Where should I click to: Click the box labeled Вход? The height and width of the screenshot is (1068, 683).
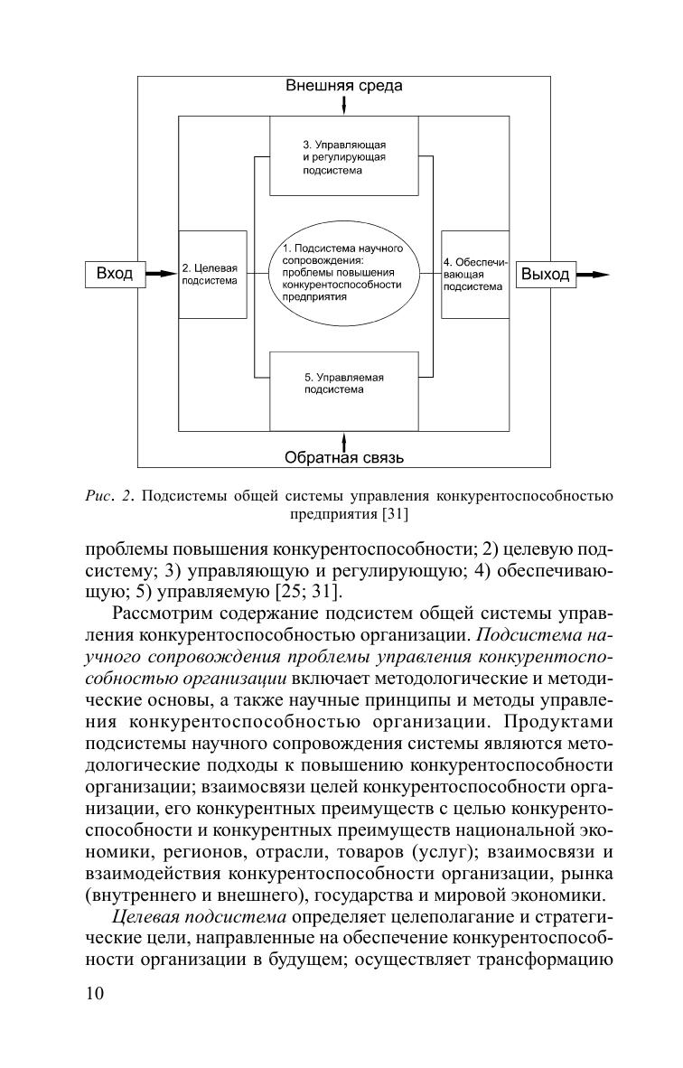(115, 274)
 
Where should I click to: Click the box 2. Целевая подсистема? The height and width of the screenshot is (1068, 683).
(213, 274)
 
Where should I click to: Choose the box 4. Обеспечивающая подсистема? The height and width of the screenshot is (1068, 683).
(474, 274)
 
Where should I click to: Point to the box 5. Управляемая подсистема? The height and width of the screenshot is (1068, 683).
(344, 390)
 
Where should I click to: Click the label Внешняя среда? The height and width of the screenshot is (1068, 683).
(344, 87)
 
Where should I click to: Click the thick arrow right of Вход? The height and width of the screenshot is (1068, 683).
(162, 274)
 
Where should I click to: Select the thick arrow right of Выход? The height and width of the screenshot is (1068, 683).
(592, 274)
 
